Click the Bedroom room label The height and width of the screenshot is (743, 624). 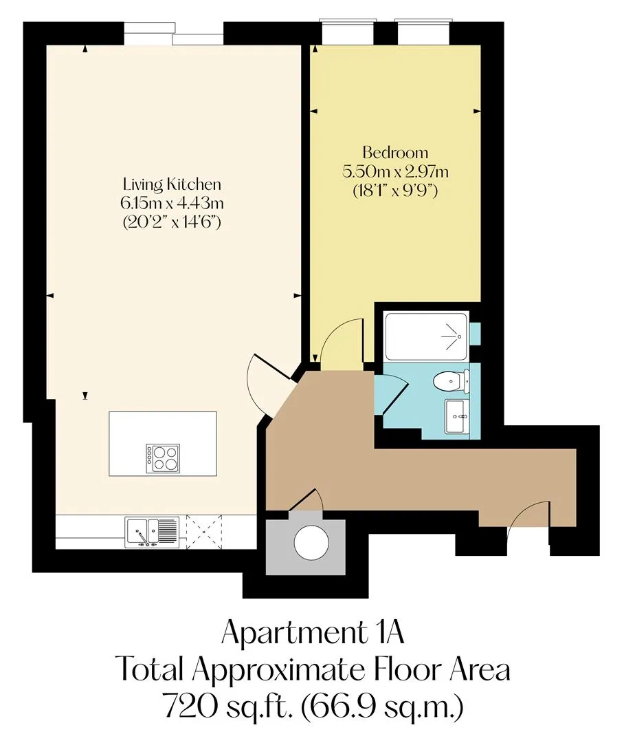pyautogui.click(x=395, y=153)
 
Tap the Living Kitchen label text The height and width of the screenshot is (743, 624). pyautogui.click(x=172, y=184)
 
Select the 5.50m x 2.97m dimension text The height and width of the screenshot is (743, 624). pyautogui.click(x=395, y=171)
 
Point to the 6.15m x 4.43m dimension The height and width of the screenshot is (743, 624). pyautogui.click(x=172, y=203)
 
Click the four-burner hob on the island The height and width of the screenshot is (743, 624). pyautogui.click(x=163, y=457)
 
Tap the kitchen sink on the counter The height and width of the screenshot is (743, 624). pyautogui.click(x=151, y=532)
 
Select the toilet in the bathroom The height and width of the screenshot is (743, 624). pyautogui.click(x=452, y=380)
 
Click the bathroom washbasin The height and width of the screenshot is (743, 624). pyautogui.click(x=457, y=416)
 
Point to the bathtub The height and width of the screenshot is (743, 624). pyautogui.click(x=427, y=336)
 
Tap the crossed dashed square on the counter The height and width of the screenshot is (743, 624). pyautogui.click(x=204, y=532)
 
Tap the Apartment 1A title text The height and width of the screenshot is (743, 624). pyautogui.click(x=313, y=633)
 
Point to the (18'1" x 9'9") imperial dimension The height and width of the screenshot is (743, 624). pyautogui.click(x=395, y=191)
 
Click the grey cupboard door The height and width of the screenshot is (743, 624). pyautogui.click(x=306, y=500)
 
